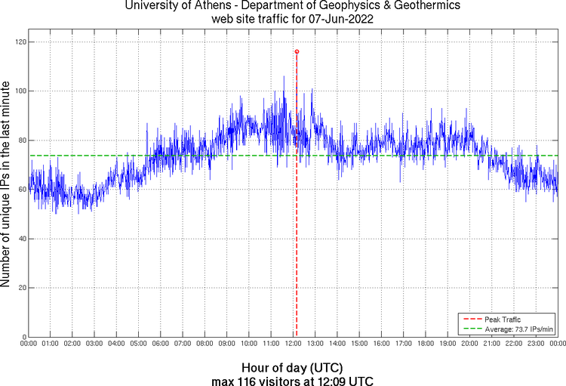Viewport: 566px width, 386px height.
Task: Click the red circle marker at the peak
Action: tap(297, 51)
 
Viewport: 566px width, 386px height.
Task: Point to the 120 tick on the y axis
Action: tap(20, 42)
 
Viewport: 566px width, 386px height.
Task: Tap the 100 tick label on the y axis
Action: tap(20, 91)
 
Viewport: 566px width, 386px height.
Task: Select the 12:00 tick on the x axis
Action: tap(294, 344)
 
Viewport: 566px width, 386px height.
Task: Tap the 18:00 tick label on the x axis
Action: tap(426, 344)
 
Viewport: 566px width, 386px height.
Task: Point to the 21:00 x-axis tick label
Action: tap(492, 344)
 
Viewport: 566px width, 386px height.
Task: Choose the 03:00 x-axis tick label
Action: tap(95, 344)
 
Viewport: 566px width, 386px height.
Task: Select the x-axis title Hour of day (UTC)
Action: tap(292, 367)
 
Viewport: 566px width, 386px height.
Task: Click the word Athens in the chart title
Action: tap(206, 6)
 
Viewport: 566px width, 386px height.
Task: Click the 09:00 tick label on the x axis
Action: tap(227, 344)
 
